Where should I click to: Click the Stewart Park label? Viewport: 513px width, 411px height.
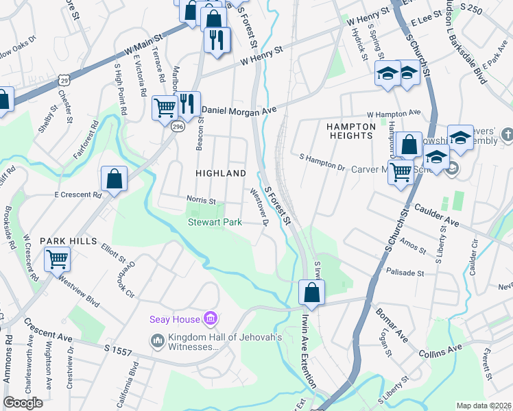(x=215, y=222)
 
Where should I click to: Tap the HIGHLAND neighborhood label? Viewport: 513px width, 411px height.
(x=221, y=173)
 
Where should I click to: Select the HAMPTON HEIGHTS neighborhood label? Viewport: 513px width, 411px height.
(x=350, y=131)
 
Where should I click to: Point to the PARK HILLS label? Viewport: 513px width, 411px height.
(x=66, y=241)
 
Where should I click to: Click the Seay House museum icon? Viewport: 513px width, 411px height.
(x=211, y=319)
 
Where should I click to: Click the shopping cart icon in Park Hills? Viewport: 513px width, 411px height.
(x=57, y=259)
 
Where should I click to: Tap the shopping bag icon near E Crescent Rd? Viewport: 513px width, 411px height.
(x=114, y=179)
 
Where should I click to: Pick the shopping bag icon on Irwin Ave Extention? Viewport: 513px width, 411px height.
(x=311, y=291)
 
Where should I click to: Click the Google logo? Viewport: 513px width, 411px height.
(x=23, y=403)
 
